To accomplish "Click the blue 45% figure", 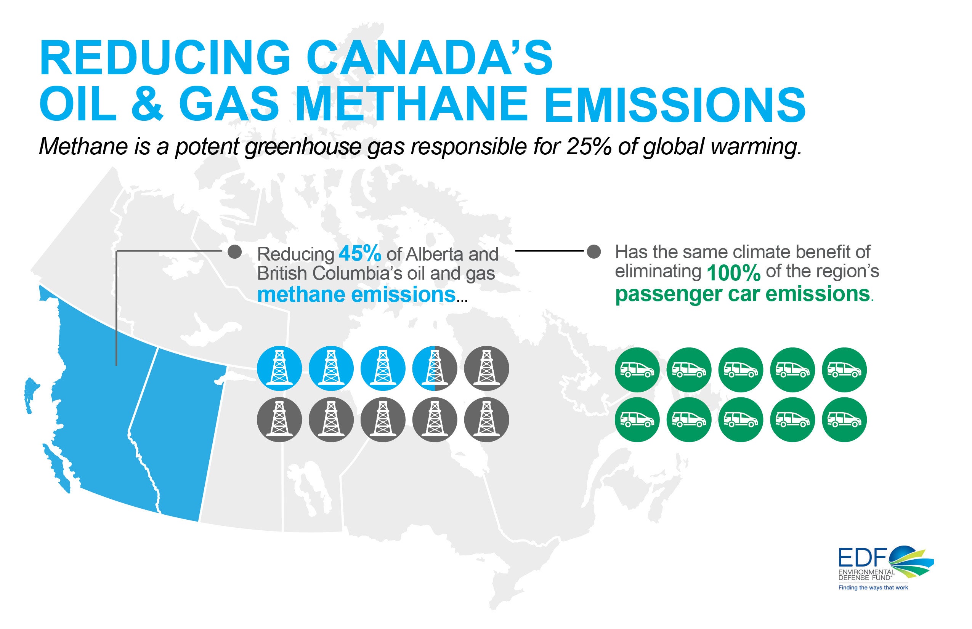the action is [x=360, y=254].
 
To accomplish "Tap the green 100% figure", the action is [x=733, y=273].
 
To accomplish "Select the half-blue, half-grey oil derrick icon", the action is [x=435, y=368].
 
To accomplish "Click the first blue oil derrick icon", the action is [x=279, y=368].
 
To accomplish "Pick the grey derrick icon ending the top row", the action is [x=487, y=368].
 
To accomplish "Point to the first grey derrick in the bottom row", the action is [x=279, y=419].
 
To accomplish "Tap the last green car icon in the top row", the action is [x=844, y=370].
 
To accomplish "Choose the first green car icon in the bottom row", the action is [x=637, y=420].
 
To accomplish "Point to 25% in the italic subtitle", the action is [x=588, y=147].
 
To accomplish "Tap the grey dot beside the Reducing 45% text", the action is [x=234, y=251].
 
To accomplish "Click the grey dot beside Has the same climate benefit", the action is [x=593, y=251].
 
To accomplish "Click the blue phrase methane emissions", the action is [x=356, y=294].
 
